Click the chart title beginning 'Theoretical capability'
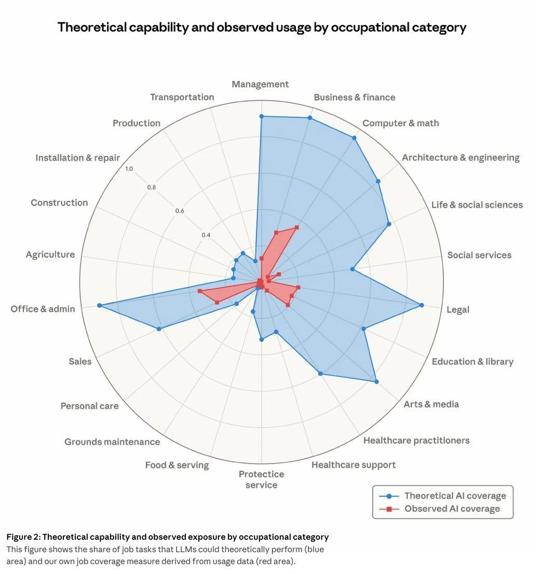262,27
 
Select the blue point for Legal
422,305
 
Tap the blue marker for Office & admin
99,306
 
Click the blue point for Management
262,117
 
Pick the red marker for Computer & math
297,227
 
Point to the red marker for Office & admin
199,291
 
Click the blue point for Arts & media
376,382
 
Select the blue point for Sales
159,329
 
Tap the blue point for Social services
352,269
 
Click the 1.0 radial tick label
129,169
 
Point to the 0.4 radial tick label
206,235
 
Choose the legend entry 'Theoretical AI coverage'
455,496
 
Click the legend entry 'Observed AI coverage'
452,509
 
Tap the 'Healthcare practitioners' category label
416,441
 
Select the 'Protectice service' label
262,480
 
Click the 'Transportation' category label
182,97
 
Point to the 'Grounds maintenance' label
112,442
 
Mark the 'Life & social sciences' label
477,205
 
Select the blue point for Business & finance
310,118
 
